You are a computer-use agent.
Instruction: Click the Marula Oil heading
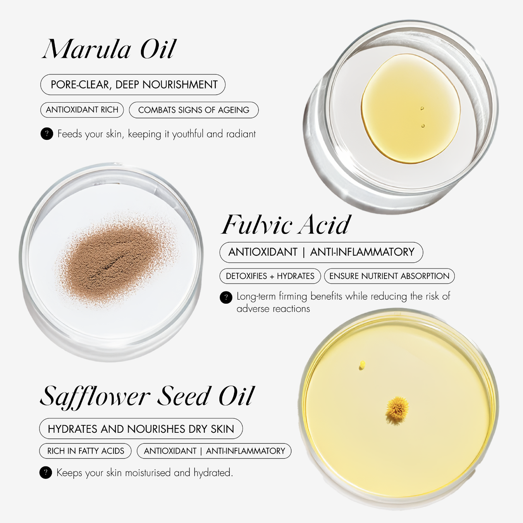pyautogui.click(x=109, y=49)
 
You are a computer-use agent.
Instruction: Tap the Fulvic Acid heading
pyautogui.click(x=286, y=224)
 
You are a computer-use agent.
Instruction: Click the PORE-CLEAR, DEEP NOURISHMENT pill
pyautogui.click(x=133, y=84)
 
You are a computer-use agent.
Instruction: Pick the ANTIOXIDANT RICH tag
pyautogui.click(x=82, y=110)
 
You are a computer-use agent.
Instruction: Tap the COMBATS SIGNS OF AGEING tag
pyautogui.click(x=194, y=110)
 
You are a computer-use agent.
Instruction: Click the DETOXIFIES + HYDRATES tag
pyautogui.click(x=270, y=276)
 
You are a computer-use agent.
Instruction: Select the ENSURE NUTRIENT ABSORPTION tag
pyautogui.click(x=389, y=276)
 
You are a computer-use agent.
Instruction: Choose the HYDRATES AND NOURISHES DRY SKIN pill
pyautogui.click(x=141, y=429)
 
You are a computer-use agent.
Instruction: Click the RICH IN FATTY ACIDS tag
pyautogui.click(x=86, y=451)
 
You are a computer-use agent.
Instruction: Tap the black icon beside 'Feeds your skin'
pyautogui.click(x=46, y=134)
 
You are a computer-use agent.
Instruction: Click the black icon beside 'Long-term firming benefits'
pyautogui.click(x=226, y=297)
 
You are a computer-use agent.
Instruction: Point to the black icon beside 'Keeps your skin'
pyautogui.click(x=46, y=473)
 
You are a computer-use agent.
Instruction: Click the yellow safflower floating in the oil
pyautogui.click(x=397, y=410)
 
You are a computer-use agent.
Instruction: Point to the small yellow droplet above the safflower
pyautogui.click(x=362, y=365)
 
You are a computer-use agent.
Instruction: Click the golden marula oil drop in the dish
pyautogui.click(x=410, y=108)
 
